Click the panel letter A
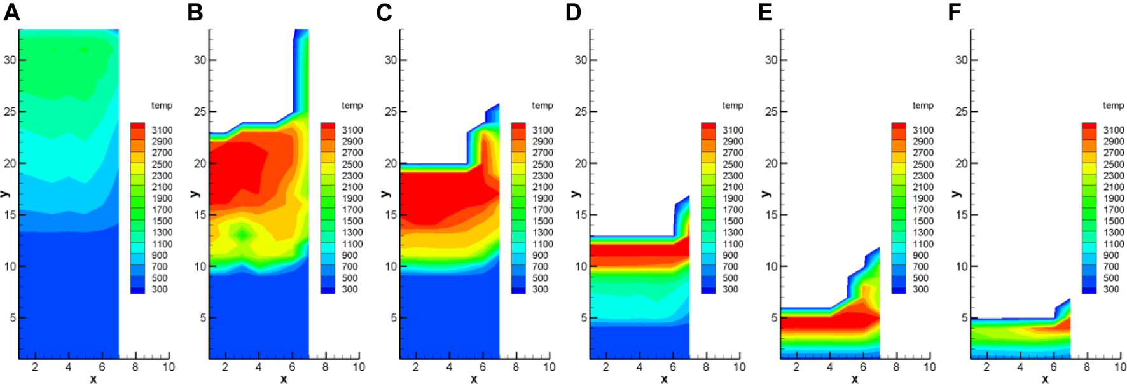click(11, 12)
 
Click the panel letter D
click(573, 12)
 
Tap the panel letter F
click(954, 12)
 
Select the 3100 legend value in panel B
click(352, 130)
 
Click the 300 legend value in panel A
click(159, 289)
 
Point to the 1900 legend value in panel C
click(542, 198)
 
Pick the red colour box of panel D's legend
click(708, 127)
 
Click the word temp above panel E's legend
click(922, 106)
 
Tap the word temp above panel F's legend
click(1113, 106)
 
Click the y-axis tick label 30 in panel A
click(10, 60)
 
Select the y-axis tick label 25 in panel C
click(391, 112)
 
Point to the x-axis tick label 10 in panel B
click(359, 367)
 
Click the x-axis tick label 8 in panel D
click(706, 367)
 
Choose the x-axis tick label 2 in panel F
click(986, 367)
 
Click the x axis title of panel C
click(474, 380)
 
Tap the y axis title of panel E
click(766, 193)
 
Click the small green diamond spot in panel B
click(242, 235)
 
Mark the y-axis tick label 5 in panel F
click(965, 318)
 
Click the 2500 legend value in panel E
click(923, 164)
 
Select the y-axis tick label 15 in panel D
click(581, 215)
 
